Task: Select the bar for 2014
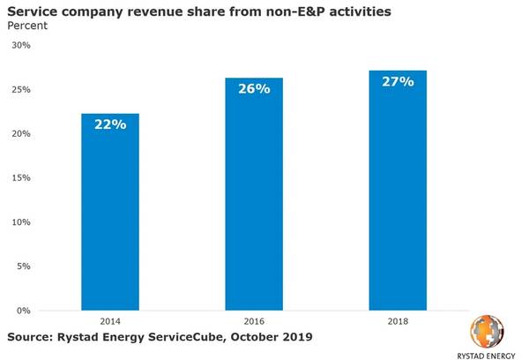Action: (110, 212)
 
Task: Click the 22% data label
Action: (110, 124)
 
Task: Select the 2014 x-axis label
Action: (110, 323)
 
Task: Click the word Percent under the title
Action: (29, 26)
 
